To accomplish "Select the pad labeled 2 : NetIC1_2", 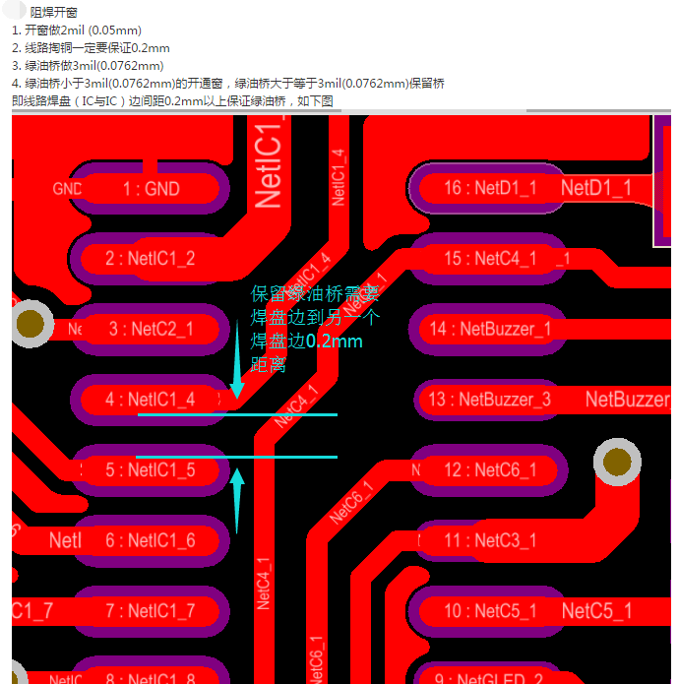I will coord(151,259).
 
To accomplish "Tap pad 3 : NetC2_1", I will coord(151,329).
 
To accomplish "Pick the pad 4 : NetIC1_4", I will coord(151,400).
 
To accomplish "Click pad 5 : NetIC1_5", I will coord(151,470).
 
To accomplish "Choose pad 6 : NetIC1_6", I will coord(151,540).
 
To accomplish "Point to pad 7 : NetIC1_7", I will coord(151,611).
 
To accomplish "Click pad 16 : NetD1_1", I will coord(489,188).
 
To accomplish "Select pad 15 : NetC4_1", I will coord(489,259).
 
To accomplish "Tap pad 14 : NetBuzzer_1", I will coord(489,329).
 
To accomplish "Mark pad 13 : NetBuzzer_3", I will coord(489,400).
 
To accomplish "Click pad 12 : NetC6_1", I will coord(489,470).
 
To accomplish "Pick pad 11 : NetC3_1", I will coord(489,540).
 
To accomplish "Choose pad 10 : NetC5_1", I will coord(489,611).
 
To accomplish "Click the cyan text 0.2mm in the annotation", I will coord(334,342).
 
